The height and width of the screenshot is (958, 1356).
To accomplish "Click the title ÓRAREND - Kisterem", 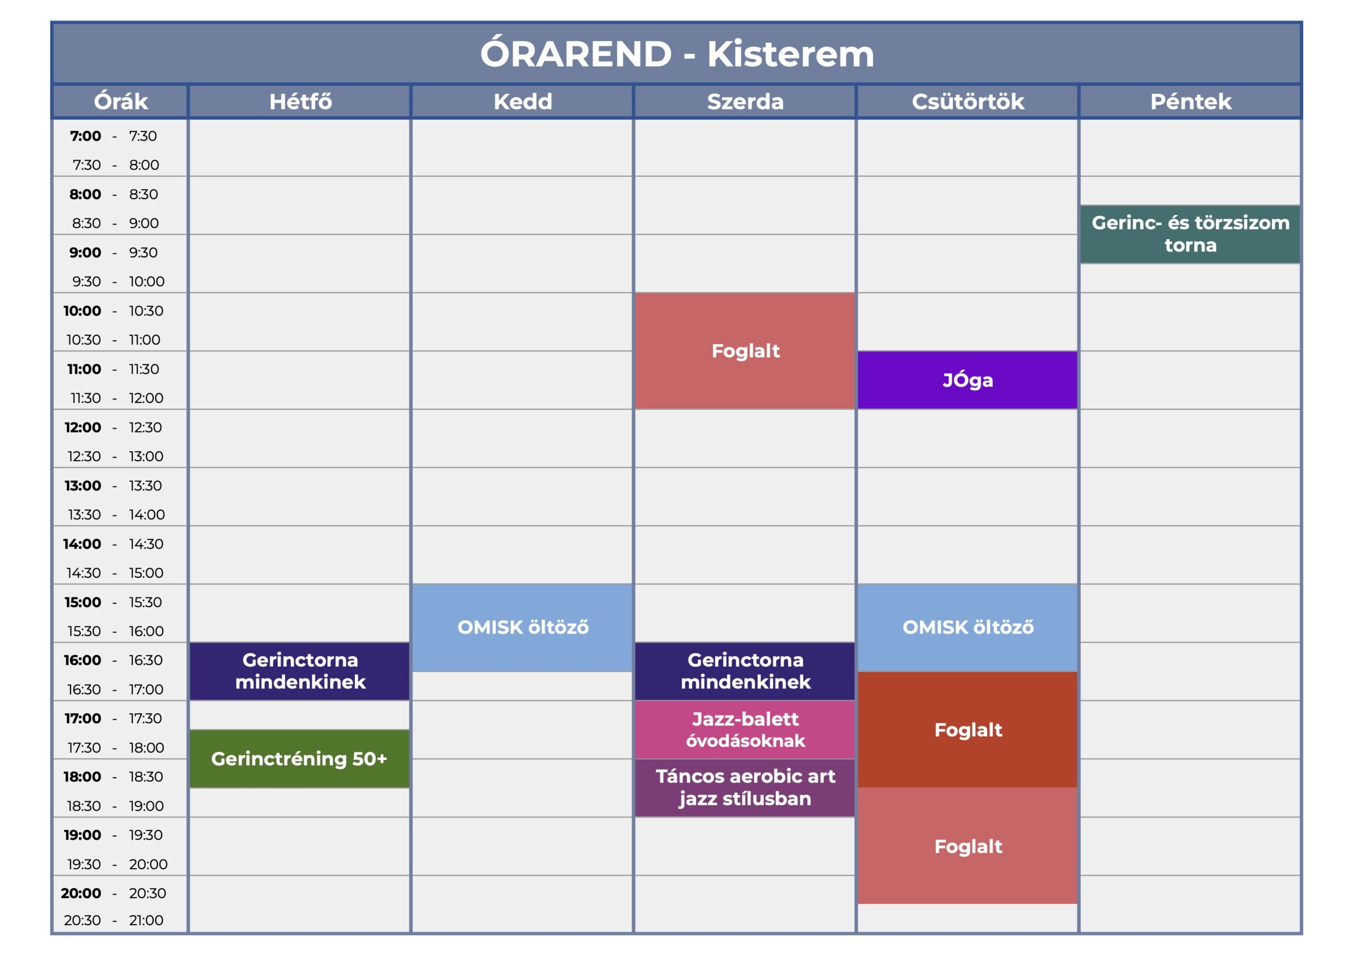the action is click(677, 53).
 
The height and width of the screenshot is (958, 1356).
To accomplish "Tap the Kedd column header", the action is click(523, 102).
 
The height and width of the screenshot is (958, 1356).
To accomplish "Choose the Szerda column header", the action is click(745, 102).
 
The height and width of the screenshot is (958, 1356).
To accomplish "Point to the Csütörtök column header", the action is click(968, 102).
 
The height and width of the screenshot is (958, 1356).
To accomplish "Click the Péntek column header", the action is click(1191, 102).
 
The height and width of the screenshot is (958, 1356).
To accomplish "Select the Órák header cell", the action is click(120, 102).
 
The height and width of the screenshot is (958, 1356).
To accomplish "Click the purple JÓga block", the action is click(967, 380).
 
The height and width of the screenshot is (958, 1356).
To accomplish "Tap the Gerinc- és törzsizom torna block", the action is click(1190, 234).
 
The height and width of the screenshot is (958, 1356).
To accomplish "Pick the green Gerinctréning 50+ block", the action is click(299, 758).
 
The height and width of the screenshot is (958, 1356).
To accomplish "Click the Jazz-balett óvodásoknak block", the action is click(745, 729).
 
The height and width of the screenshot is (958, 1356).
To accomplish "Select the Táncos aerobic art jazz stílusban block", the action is click(745, 787).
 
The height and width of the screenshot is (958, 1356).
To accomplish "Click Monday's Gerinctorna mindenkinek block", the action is click(299, 671).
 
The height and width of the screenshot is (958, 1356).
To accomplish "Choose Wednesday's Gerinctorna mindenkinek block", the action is click(745, 671).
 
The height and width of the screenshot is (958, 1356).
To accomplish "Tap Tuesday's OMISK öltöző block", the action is click(522, 627).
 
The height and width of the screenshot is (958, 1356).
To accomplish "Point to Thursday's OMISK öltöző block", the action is click(967, 627).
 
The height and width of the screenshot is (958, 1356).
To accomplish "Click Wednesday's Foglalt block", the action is click(745, 351).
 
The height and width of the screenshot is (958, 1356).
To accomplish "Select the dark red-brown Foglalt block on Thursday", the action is click(967, 729).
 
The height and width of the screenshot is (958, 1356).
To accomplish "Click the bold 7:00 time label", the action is click(86, 136).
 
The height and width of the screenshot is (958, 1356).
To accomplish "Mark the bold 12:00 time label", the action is click(83, 427).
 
